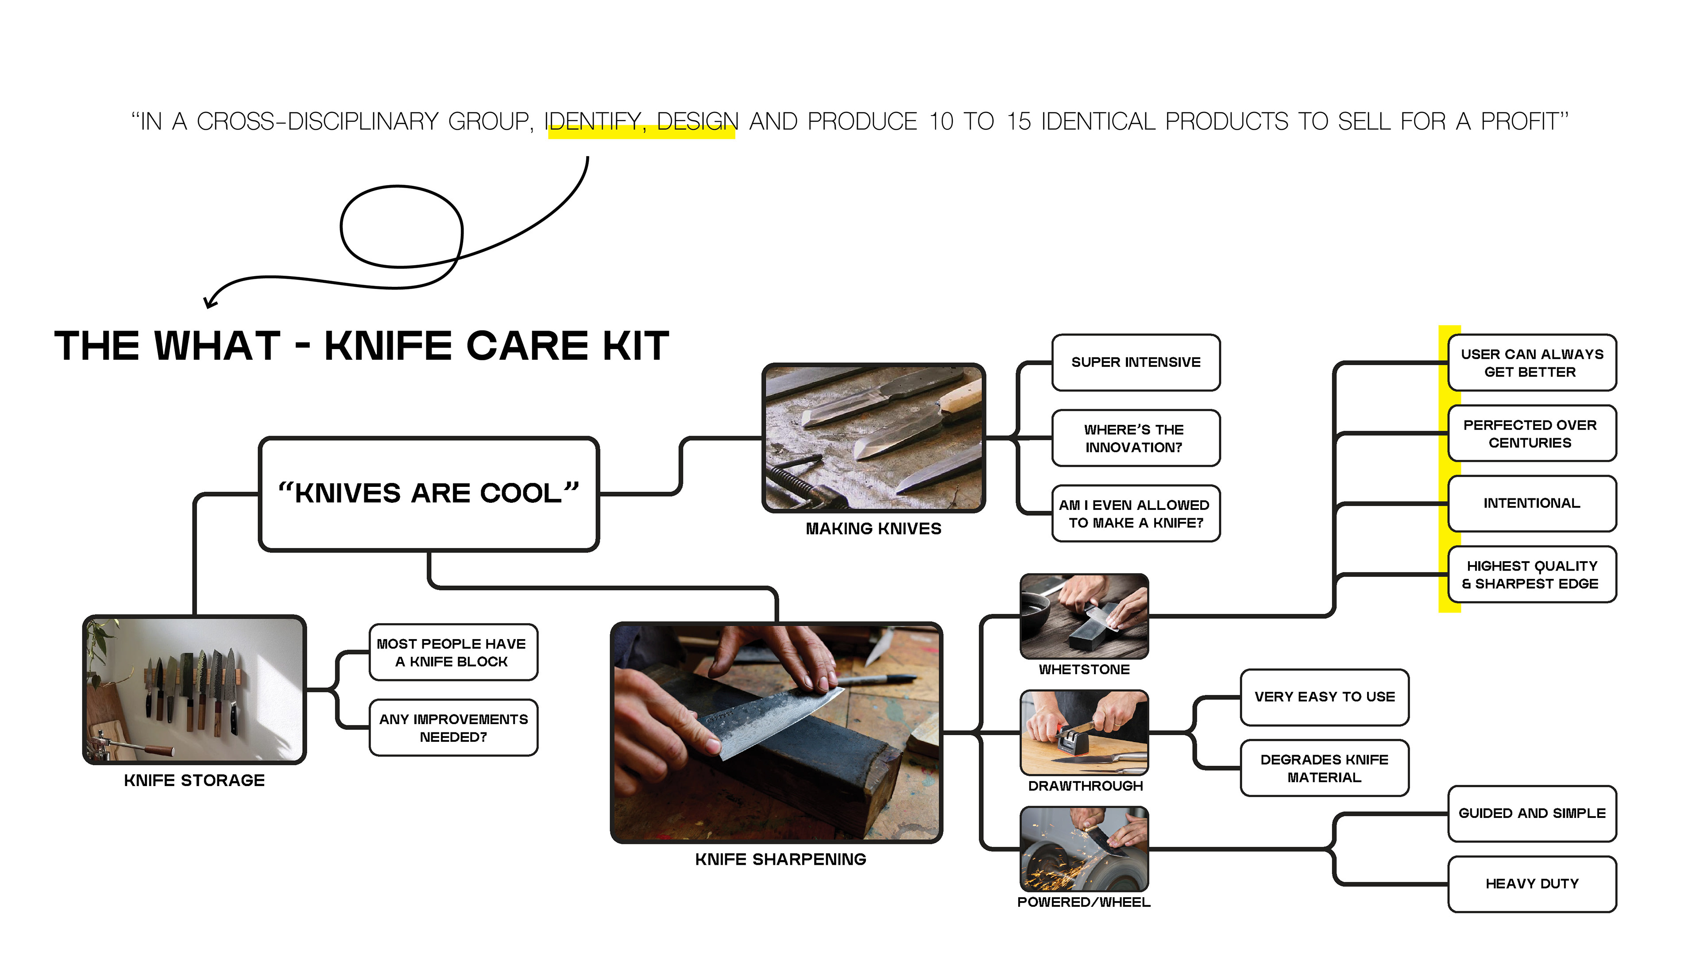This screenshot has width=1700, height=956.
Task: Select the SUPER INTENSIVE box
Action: pos(1135,362)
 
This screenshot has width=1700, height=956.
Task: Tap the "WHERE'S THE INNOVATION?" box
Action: pos(1135,438)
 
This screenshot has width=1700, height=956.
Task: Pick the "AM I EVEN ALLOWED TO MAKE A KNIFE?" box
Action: pos(1135,513)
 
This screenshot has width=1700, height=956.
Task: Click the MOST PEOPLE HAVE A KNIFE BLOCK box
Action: pos(453,652)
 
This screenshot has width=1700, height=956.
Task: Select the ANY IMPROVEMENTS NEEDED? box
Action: pos(453,728)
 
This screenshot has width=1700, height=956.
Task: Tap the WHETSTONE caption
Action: pos(1084,670)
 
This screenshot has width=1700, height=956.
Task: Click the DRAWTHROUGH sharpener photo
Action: pos(1084,732)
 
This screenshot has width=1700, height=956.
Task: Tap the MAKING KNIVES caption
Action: pos(873,528)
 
